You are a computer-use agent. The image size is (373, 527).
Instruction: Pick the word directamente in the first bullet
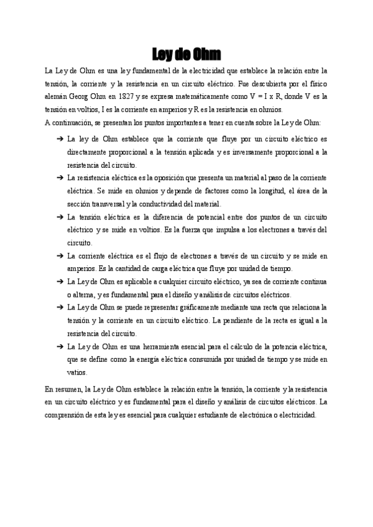click(x=88, y=152)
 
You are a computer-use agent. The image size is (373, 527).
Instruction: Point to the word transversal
click(x=106, y=204)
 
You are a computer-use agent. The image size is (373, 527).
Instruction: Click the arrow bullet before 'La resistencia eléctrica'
click(x=60, y=178)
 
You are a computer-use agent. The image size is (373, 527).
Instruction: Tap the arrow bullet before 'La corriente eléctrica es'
click(x=60, y=255)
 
